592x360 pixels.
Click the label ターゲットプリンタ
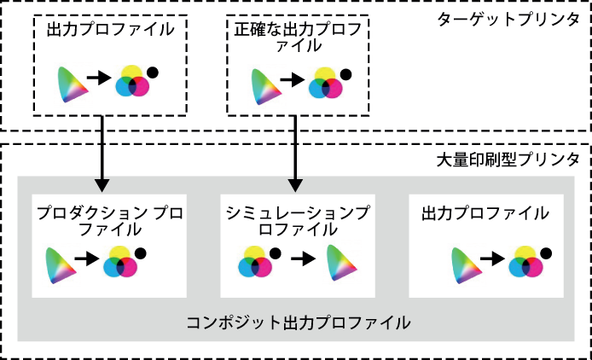[x=508, y=20]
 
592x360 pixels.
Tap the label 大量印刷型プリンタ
[x=508, y=160]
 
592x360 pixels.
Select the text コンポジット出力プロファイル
[x=299, y=323]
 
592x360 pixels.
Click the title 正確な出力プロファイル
[x=298, y=38]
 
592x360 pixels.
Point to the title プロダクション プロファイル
[x=110, y=221]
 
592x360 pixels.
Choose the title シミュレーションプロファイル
[x=298, y=221]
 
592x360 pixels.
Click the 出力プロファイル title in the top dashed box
[x=111, y=30]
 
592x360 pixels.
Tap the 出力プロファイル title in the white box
[x=485, y=213]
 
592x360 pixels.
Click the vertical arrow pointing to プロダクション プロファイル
[x=102, y=154]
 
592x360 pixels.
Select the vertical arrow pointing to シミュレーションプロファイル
[x=295, y=154]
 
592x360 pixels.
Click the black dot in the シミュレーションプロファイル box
[x=276, y=253]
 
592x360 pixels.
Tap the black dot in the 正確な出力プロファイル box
[x=345, y=74]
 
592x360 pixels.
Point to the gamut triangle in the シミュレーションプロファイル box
[x=341, y=263]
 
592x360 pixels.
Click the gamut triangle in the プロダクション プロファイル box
[x=61, y=265]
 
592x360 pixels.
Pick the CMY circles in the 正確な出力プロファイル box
[x=326, y=83]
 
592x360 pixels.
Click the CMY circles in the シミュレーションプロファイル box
[x=255, y=261]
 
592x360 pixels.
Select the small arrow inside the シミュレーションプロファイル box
[x=304, y=258]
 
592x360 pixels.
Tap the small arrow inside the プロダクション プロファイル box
[x=87, y=258]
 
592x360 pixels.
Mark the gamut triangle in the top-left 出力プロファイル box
[x=73, y=84]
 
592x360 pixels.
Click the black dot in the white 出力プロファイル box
[x=546, y=253]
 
